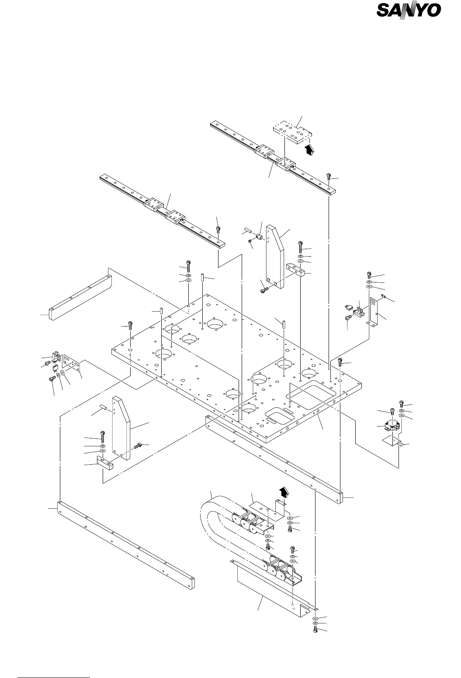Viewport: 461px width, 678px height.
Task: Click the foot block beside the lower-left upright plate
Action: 104,463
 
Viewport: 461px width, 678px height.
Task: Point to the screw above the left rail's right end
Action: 218,230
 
